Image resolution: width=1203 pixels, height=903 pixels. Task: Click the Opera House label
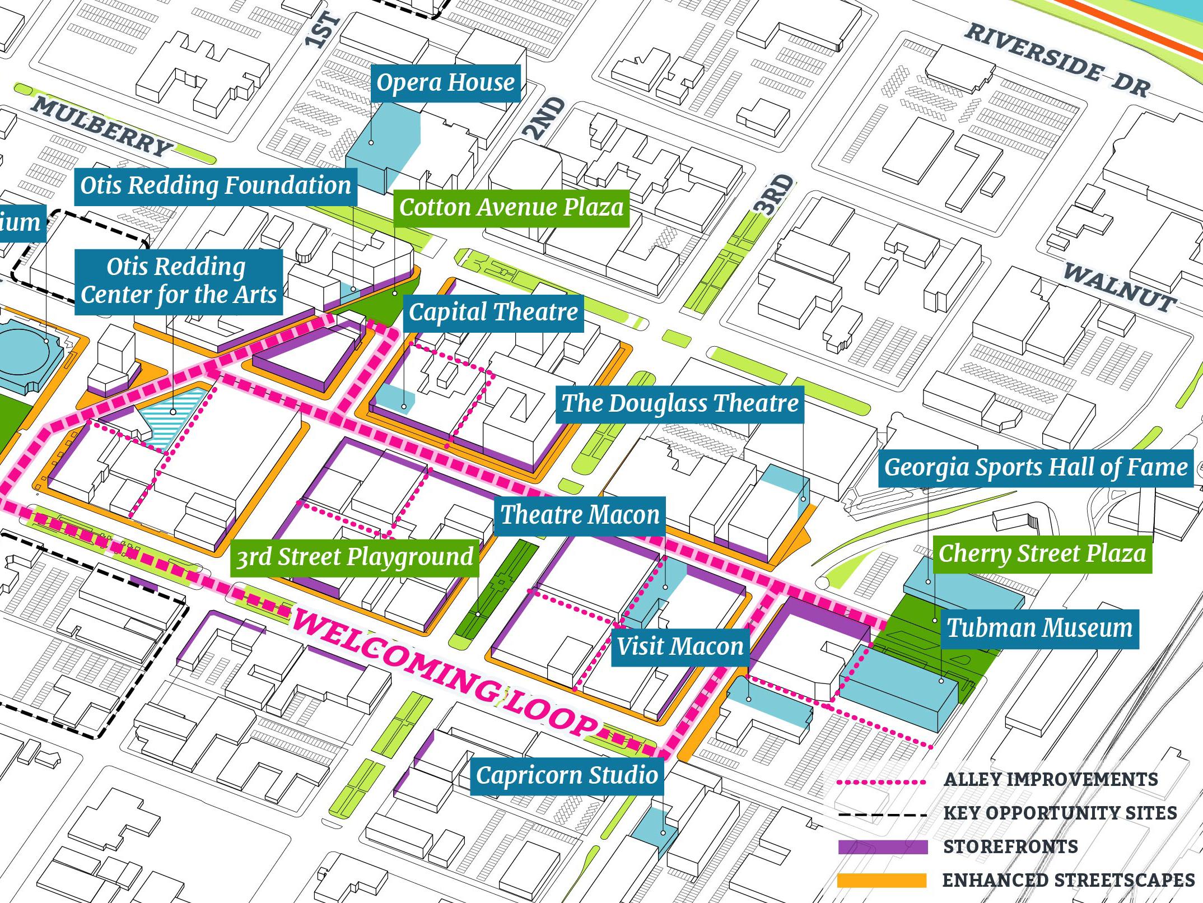[x=445, y=83]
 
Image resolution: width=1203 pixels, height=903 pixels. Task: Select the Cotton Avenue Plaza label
[x=511, y=208]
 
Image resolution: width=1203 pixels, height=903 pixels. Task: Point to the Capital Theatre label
[x=493, y=313]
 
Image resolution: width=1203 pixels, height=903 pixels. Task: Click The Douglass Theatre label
[x=679, y=404]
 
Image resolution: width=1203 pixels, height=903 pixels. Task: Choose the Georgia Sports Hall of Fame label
[x=1036, y=468]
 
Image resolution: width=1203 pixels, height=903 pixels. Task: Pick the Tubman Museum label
[x=1039, y=629]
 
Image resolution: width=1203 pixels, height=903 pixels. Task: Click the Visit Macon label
[x=680, y=647]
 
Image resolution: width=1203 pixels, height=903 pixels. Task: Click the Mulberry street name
[x=101, y=127]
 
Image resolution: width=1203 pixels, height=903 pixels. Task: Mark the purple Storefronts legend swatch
[x=883, y=846]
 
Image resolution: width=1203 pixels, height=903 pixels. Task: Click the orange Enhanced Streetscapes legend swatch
[x=883, y=880]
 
